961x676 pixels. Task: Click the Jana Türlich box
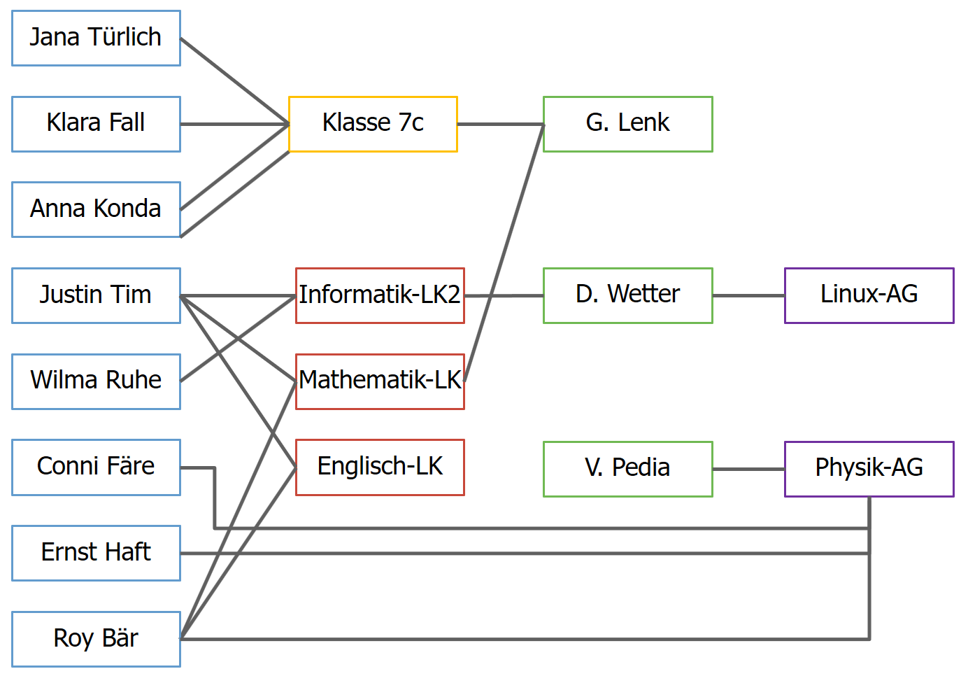tap(96, 38)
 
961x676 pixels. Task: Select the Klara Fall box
tap(96, 124)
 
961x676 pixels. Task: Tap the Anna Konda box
tap(96, 209)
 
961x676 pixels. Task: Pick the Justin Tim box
tap(96, 295)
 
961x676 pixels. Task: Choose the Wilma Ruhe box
tap(96, 381)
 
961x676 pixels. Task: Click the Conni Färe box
tap(96, 467)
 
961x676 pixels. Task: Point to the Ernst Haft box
tap(96, 553)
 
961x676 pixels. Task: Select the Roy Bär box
tap(96, 639)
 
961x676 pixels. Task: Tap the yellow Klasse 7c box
tap(373, 124)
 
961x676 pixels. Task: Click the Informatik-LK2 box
tap(380, 295)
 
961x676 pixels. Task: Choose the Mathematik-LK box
tap(380, 381)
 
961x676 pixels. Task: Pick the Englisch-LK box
tap(380, 467)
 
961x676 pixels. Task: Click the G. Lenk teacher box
tap(627, 124)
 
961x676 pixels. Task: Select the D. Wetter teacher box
tap(627, 295)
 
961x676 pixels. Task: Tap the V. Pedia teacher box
tap(627, 469)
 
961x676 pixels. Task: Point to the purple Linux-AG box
tap(869, 295)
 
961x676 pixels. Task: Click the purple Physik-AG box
tap(869, 469)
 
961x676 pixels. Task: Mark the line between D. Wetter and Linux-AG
tap(748, 295)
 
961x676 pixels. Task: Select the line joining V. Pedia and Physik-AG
tap(748, 469)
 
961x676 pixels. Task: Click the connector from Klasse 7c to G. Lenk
tap(500, 124)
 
